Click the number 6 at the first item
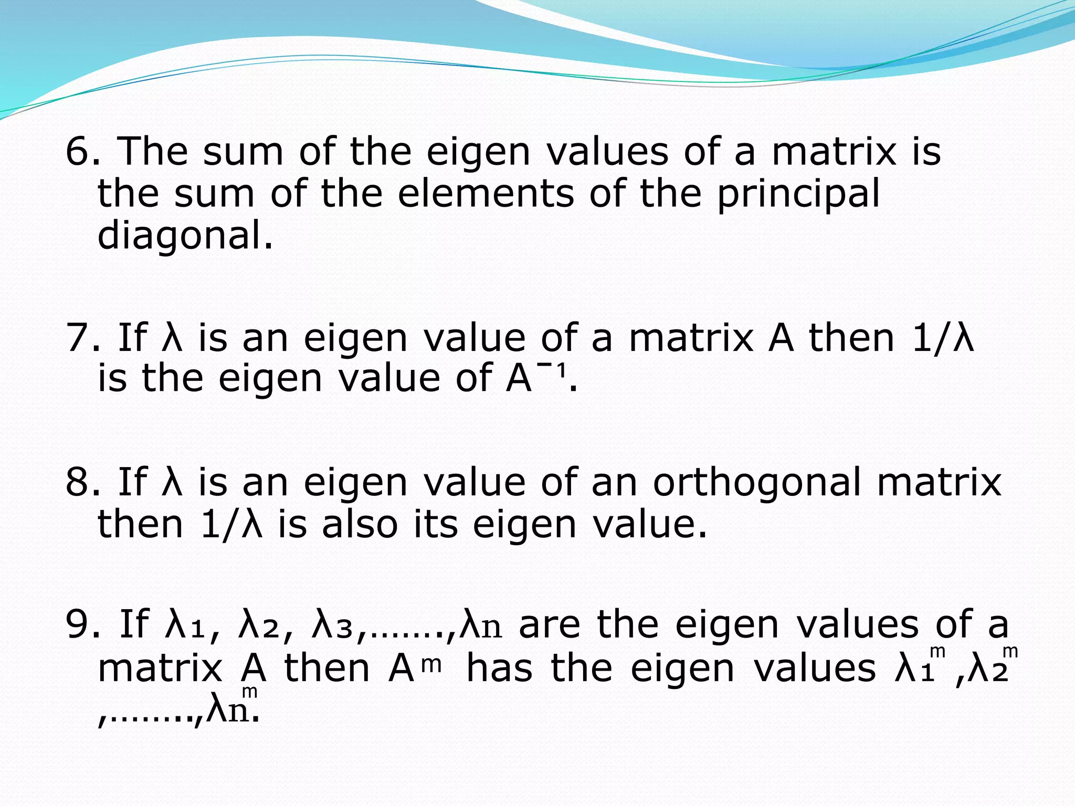[77, 151]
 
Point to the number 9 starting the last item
[77, 624]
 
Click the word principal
[798, 194]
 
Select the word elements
[486, 193]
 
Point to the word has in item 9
[499, 669]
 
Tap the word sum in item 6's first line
[243, 151]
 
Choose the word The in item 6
[152, 151]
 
